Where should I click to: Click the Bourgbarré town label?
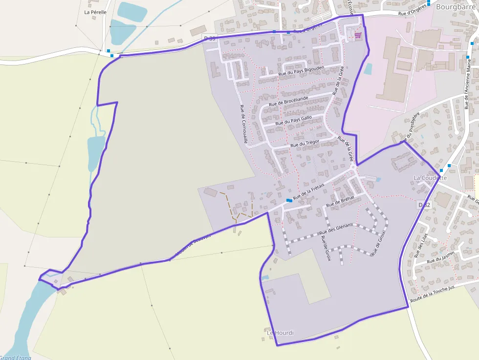click(x=456, y=7)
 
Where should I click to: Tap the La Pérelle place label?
click(x=95, y=12)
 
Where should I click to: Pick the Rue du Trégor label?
click(x=305, y=144)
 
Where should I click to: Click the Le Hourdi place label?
click(x=281, y=333)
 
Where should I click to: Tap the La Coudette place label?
click(x=430, y=178)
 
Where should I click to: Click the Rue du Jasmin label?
click(x=440, y=258)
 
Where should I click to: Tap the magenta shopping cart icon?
click(x=358, y=35)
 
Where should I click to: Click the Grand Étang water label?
click(x=15, y=358)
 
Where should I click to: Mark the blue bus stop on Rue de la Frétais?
click(x=288, y=200)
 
